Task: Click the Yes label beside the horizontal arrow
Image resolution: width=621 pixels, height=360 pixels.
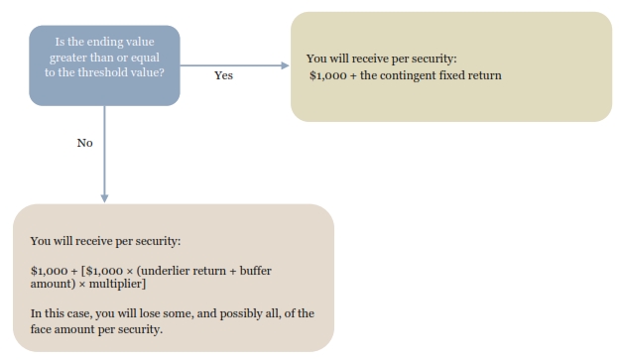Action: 224,75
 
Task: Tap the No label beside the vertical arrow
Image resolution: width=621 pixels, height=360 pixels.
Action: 84,143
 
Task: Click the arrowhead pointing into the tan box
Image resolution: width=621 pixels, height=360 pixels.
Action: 285,65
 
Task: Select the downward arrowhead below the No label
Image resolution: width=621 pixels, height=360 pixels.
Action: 104,198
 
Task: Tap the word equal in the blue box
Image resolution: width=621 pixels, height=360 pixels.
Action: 145,58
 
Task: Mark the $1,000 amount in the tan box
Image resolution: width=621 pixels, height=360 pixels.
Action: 328,75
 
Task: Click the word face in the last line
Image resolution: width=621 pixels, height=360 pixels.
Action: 41,329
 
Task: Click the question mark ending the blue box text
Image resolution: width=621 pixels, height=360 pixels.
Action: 162,72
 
